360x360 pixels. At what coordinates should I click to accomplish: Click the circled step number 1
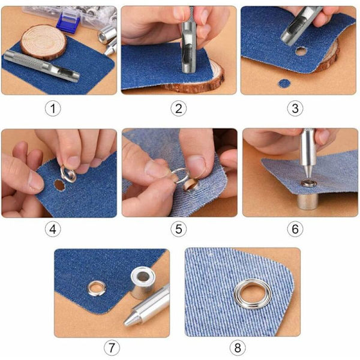tap(53, 109)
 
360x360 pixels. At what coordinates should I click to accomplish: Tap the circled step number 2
tap(179, 109)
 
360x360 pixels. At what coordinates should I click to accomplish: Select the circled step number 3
tap(295, 109)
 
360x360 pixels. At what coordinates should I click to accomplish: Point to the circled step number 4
tap(53, 229)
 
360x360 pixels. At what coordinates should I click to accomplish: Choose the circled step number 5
tap(179, 229)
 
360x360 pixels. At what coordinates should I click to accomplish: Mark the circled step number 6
tap(295, 229)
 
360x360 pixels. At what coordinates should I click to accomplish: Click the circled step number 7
tap(112, 347)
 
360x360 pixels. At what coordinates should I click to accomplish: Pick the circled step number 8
tap(238, 347)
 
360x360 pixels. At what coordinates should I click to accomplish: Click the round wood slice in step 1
tap(43, 42)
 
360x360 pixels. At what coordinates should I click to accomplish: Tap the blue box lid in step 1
tap(68, 21)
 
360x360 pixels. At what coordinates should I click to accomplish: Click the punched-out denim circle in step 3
tap(284, 83)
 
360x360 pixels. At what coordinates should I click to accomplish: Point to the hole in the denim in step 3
tap(301, 51)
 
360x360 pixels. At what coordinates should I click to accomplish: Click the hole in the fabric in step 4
tap(59, 185)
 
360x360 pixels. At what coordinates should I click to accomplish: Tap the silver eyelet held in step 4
tap(68, 174)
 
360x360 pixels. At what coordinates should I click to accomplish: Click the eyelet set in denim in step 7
tap(97, 288)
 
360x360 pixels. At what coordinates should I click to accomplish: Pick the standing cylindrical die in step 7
tap(143, 283)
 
